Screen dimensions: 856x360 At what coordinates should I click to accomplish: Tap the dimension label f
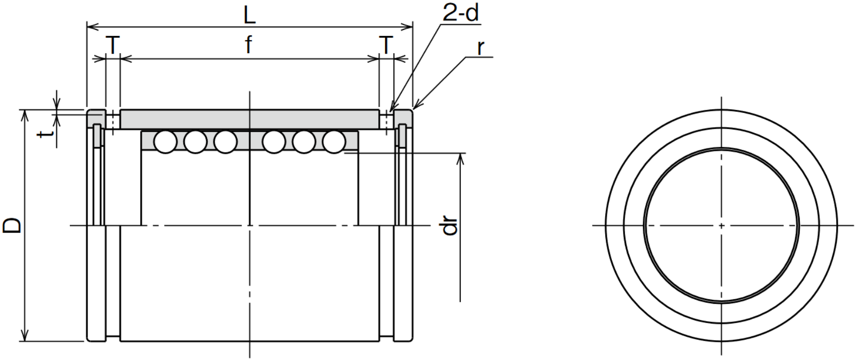point(248,45)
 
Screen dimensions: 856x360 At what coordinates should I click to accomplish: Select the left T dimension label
point(113,45)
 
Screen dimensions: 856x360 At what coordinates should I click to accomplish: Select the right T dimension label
point(386,45)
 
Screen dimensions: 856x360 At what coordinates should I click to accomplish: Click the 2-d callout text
point(460,14)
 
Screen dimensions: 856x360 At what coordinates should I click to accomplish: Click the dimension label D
point(12,225)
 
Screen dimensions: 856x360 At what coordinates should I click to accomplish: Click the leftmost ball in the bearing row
point(165,142)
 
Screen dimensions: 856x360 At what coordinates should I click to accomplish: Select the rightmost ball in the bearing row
point(334,142)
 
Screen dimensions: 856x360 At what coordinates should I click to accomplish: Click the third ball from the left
point(225,142)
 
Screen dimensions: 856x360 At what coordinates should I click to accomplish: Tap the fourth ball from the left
point(274,142)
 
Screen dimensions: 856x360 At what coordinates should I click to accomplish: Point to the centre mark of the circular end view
point(721,225)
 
